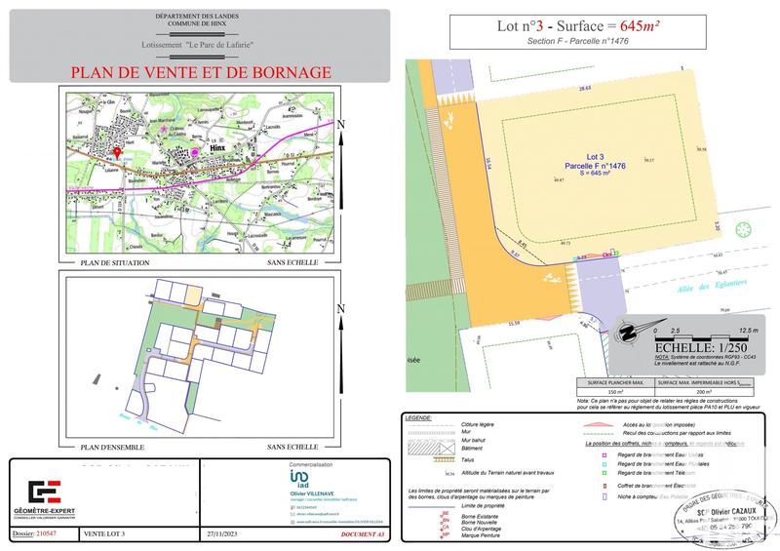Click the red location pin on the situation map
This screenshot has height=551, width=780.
point(118,153)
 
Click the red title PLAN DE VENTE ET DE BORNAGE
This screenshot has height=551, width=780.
point(200,72)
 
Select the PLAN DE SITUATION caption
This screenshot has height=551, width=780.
point(114,262)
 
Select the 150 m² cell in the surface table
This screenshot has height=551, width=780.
point(615,392)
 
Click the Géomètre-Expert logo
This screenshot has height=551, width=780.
point(46,491)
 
